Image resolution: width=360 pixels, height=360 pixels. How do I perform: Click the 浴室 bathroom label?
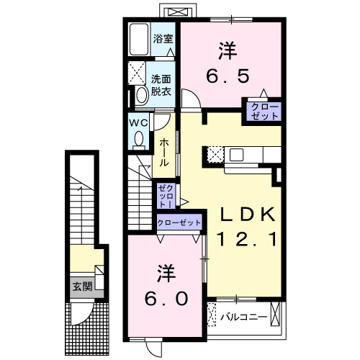163,38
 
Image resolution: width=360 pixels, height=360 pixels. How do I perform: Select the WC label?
138,123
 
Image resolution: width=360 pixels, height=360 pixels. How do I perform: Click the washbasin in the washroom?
138,94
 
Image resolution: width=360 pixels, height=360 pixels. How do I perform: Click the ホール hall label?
164,153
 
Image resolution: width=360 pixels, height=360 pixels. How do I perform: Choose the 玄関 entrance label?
80,287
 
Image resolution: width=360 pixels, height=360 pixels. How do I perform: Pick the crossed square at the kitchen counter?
215,153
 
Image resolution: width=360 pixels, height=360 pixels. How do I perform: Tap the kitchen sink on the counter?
238,153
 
